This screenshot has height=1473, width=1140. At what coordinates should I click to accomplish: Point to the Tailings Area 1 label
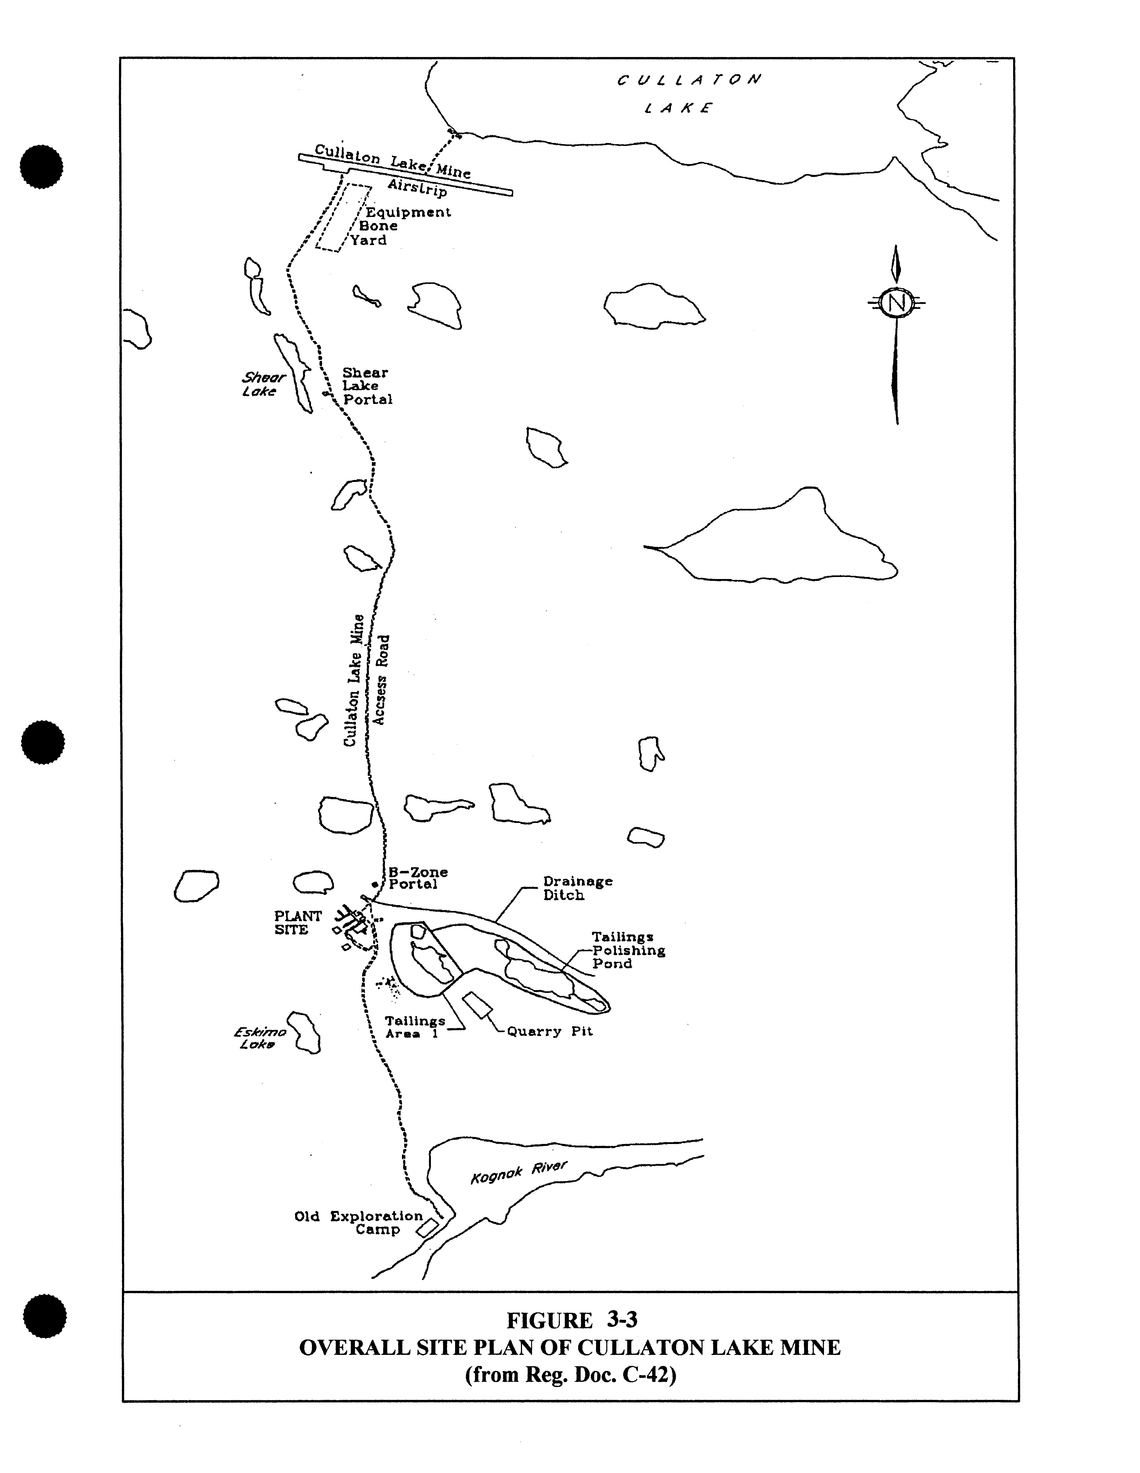(x=415, y=1027)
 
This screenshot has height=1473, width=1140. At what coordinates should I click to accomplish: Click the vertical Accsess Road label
(x=382, y=680)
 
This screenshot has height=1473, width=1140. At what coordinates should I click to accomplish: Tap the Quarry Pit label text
(x=549, y=1031)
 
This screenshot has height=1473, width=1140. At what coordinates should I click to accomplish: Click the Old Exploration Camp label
(x=359, y=1223)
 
